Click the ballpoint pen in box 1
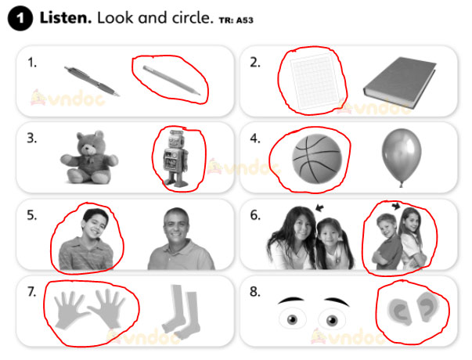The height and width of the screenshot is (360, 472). click(92, 81)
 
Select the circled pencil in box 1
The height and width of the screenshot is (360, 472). click(171, 80)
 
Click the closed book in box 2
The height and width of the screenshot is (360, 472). click(400, 82)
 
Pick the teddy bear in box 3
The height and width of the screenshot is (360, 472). click(89, 157)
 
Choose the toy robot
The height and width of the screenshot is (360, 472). click(176, 159)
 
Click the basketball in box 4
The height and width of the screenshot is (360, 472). click(317, 159)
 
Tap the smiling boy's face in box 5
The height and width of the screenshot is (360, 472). click(95, 225)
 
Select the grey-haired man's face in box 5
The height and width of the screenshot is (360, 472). click(177, 225)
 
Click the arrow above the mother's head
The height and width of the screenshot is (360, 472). click(319, 207)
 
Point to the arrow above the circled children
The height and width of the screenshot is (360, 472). click(396, 206)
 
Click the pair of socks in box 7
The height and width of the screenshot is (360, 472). click(181, 311)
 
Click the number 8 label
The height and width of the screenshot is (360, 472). click(254, 292)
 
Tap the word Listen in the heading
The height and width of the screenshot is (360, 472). click(66, 18)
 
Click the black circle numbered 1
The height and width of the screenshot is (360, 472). click(20, 18)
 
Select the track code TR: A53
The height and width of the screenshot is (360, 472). click(236, 20)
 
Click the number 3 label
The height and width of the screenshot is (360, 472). click(32, 139)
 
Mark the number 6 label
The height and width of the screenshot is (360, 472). click(255, 215)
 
